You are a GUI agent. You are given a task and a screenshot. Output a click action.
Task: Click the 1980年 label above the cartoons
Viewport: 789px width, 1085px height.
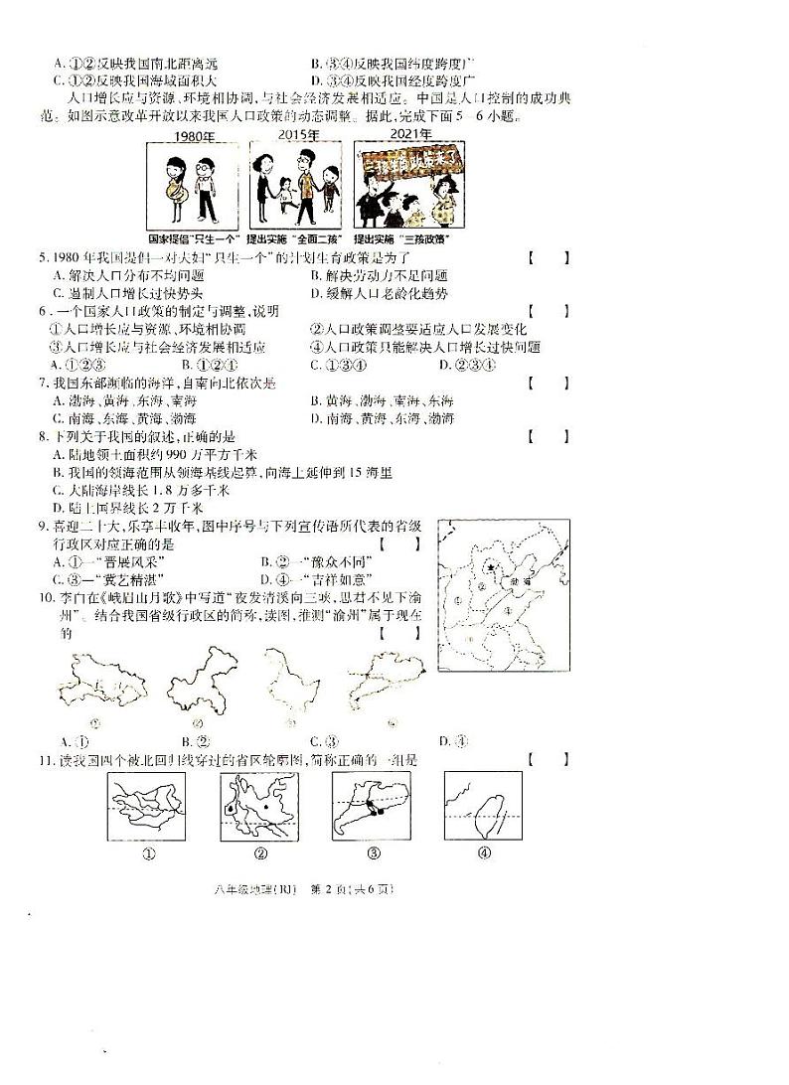[195, 135]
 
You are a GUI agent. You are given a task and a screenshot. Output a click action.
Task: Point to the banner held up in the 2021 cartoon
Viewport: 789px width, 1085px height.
[411, 160]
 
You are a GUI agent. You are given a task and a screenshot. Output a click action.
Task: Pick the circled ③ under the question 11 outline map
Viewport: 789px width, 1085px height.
[374, 852]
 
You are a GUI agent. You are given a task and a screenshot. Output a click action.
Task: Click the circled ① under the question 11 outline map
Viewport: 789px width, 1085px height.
[149, 852]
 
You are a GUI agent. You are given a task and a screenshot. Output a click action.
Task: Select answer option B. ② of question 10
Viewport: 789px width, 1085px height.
[194, 740]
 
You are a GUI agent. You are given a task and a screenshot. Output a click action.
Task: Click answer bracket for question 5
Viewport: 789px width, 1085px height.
[549, 258]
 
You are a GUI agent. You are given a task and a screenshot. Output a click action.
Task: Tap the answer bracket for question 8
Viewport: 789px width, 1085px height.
[549, 435]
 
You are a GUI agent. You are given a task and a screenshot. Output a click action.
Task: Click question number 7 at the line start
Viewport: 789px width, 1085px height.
[43, 383]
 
